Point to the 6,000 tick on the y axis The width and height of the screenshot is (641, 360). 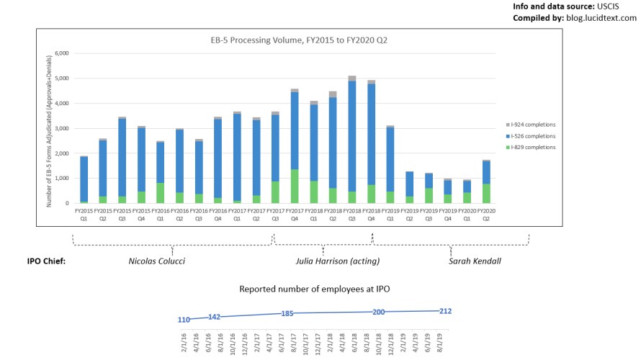coord(60,53)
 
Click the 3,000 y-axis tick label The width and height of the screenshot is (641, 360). coord(60,128)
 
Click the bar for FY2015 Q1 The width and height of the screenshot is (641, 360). coord(84,180)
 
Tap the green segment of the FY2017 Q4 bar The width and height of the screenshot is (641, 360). coord(295,186)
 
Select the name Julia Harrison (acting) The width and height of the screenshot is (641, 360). coord(338,261)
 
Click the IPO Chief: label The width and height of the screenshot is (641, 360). coord(47,261)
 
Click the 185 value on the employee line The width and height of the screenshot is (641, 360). coord(288,314)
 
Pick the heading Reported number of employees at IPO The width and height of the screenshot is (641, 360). coord(315,289)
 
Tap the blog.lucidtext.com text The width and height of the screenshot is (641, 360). coord(601,18)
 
